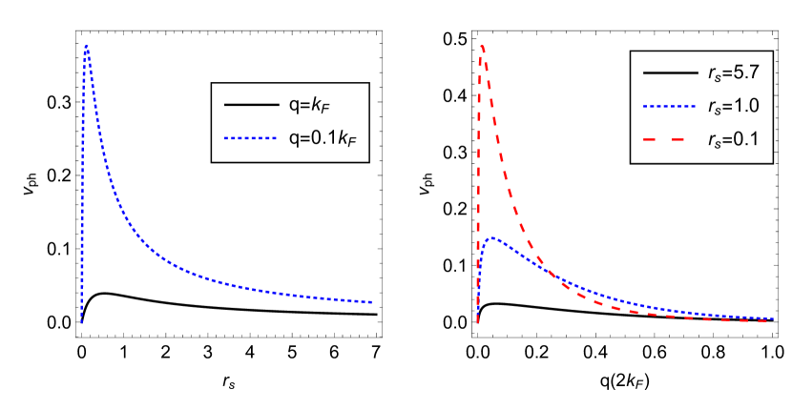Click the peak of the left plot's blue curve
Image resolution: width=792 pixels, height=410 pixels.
[x=86, y=46]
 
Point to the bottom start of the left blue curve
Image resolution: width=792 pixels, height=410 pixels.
[x=81, y=321]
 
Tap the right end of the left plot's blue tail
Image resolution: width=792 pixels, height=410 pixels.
[x=370, y=302]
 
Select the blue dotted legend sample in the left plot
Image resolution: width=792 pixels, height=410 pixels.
[x=250, y=138]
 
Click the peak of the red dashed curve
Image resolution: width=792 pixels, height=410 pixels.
[x=482, y=46]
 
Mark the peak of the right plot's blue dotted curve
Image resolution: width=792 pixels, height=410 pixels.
[x=493, y=238]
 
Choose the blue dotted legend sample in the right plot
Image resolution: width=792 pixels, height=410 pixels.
[x=669, y=107]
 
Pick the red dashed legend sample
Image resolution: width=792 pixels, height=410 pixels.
[x=664, y=140]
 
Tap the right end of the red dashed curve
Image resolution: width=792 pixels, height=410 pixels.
[x=768, y=320]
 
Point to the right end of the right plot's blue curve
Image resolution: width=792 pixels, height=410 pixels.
[x=772, y=318]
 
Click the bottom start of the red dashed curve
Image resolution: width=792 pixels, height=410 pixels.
[x=478, y=321]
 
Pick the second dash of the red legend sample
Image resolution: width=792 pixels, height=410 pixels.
[x=678, y=140]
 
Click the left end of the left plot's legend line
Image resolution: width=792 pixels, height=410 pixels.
[x=225, y=138]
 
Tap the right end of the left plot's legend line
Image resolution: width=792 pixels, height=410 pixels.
[x=276, y=138]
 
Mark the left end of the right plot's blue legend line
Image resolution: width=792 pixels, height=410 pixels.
[x=644, y=107]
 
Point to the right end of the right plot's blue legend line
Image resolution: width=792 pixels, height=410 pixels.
[x=695, y=107]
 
